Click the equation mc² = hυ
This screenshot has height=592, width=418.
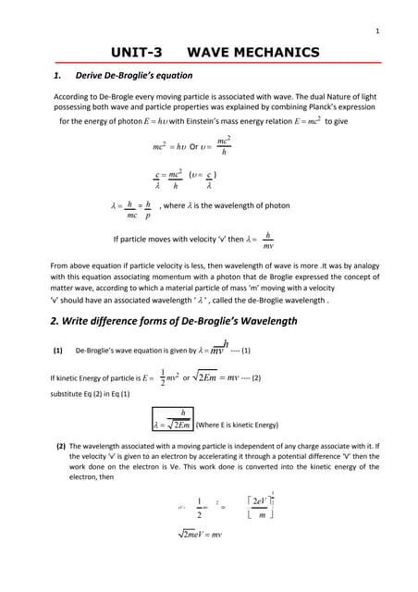click(x=169, y=146)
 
